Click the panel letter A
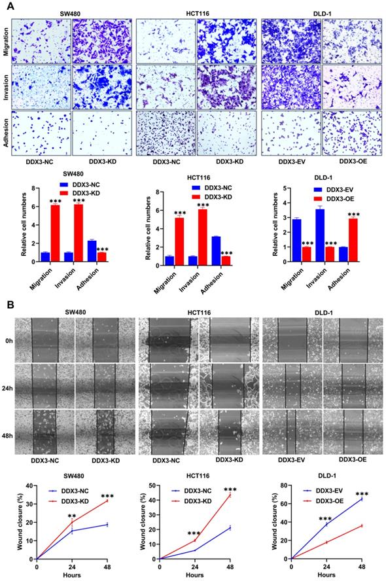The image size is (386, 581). (6, 5)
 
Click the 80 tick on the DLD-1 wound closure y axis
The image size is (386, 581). (283, 486)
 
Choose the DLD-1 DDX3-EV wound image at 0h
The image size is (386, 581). (292, 342)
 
